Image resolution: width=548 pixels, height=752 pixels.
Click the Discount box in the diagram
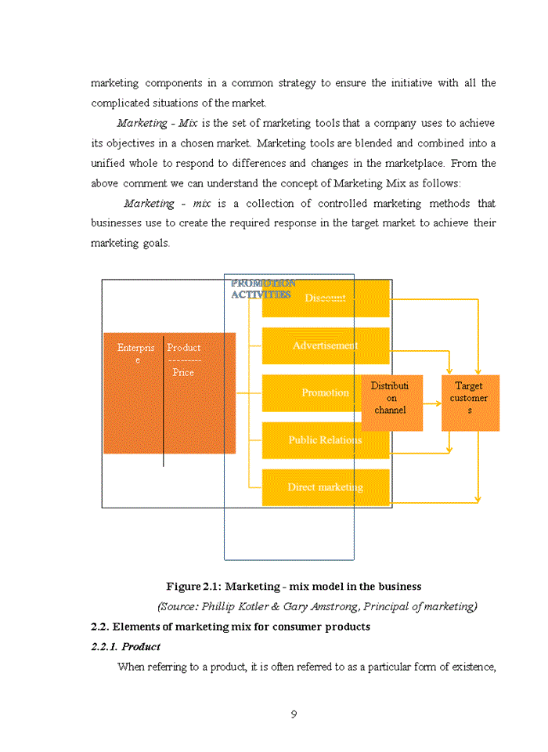326,298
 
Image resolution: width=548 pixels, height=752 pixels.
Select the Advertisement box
326,345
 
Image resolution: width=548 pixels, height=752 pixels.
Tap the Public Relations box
326,440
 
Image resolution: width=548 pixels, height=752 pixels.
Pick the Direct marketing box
326,487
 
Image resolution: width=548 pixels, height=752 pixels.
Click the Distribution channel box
391,398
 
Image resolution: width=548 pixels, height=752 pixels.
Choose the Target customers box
470,398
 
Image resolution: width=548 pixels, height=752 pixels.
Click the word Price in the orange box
183,373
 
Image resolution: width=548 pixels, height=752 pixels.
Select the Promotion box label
326,392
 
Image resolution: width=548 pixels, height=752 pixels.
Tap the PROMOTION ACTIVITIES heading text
262,289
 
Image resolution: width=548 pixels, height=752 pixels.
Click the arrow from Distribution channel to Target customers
432,404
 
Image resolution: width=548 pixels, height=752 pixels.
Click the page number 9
293,714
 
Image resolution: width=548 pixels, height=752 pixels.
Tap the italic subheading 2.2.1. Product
126,647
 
